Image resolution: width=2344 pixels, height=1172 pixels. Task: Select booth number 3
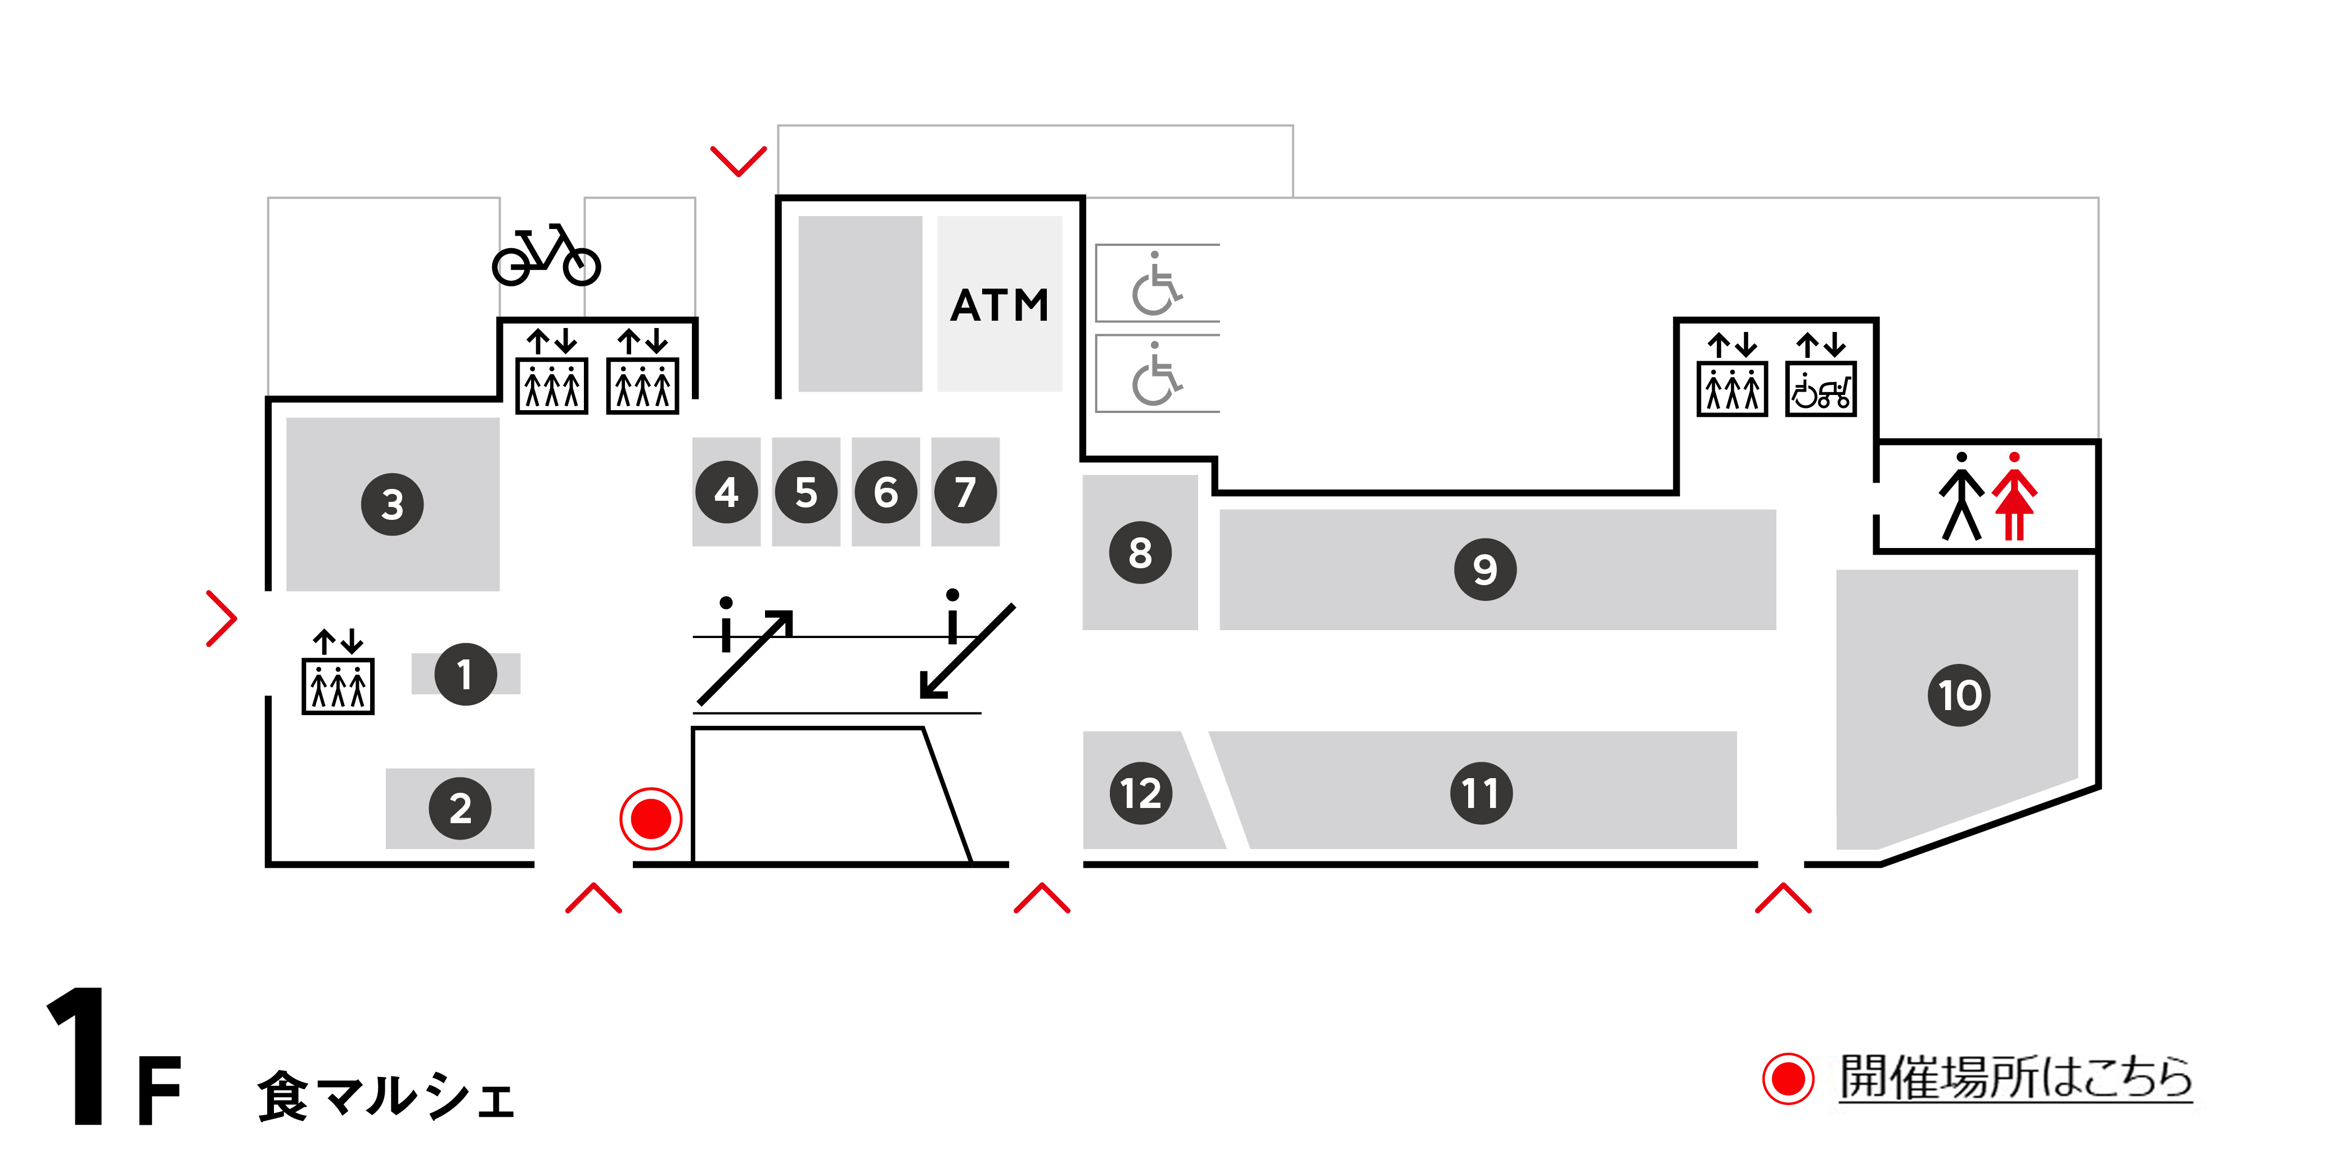pos(392,504)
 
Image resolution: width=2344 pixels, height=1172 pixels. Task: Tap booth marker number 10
pos(1959,695)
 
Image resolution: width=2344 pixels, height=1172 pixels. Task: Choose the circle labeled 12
pos(1140,793)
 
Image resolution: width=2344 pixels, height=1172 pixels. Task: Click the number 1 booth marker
pos(465,674)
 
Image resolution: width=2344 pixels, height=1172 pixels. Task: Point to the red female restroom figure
pos(2014,497)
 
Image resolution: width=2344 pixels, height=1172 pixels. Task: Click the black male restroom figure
pos(1962,497)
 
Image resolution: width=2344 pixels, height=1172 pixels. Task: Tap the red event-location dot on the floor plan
pos(651,818)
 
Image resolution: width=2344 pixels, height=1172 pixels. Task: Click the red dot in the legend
pos(1788,1079)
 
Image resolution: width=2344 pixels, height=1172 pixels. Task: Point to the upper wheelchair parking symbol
pos(1155,284)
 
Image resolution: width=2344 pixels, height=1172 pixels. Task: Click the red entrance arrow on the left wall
pos(221,619)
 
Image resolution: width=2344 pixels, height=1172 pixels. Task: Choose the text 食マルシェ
pos(386,1097)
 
